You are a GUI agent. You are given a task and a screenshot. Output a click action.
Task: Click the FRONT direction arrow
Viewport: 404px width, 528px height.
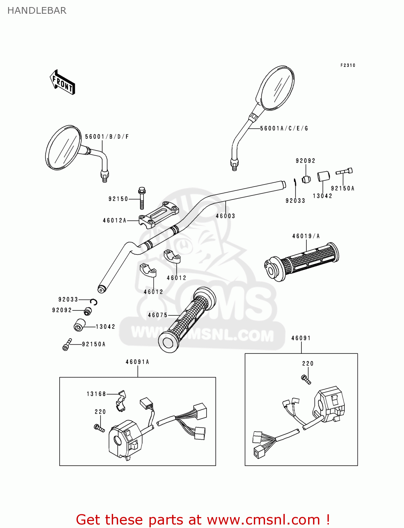pyautogui.click(x=62, y=82)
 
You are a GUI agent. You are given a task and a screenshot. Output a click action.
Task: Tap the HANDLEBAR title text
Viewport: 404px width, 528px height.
pyautogui.click(x=37, y=11)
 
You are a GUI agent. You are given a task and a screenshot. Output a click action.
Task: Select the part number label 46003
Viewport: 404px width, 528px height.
pyautogui.click(x=225, y=216)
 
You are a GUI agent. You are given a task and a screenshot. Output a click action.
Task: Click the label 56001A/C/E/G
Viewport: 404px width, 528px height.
pyautogui.click(x=284, y=128)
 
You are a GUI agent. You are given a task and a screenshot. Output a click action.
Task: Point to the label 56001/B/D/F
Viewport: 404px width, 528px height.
pyautogui.click(x=107, y=137)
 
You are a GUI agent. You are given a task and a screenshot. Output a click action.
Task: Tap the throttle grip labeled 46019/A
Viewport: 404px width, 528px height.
pyautogui.click(x=302, y=261)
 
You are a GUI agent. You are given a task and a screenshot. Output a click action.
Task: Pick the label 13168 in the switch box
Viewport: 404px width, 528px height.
pyautogui.click(x=96, y=394)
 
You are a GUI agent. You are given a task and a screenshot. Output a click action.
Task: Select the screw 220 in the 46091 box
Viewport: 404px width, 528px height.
pyautogui.click(x=306, y=379)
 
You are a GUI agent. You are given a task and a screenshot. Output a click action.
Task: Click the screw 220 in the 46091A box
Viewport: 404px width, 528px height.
pyautogui.click(x=99, y=428)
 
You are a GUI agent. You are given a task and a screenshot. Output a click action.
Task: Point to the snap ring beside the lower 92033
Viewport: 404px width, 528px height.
pyautogui.click(x=94, y=302)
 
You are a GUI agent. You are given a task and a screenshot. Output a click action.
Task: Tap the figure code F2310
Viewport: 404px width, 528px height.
pyautogui.click(x=348, y=65)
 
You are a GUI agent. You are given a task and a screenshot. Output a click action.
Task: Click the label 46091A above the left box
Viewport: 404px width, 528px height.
pyautogui.click(x=137, y=362)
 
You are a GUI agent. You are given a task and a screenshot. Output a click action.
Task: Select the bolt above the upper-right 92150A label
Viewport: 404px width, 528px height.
pyautogui.click(x=344, y=171)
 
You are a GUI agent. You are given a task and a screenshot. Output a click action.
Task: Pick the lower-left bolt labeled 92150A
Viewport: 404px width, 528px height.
pyautogui.click(x=67, y=345)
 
